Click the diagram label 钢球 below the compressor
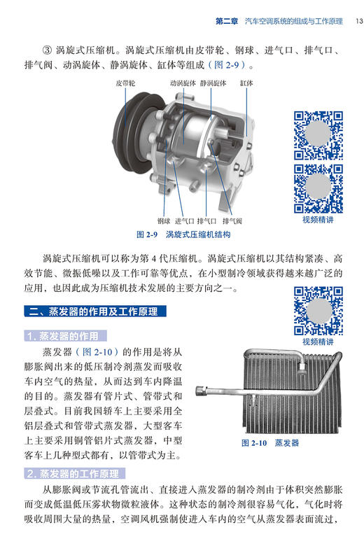pyautogui.click(x=164, y=221)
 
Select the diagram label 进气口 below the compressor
pyautogui.click(x=185, y=221)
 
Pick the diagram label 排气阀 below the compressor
pyautogui.click(x=232, y=221)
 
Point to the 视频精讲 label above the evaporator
pyautogui.click(x=318, y=342)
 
